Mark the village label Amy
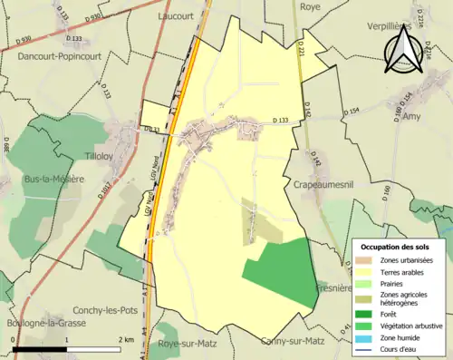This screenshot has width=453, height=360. point(412,117)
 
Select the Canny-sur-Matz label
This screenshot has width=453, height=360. point(292,342)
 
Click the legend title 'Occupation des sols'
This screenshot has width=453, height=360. point(395,247)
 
